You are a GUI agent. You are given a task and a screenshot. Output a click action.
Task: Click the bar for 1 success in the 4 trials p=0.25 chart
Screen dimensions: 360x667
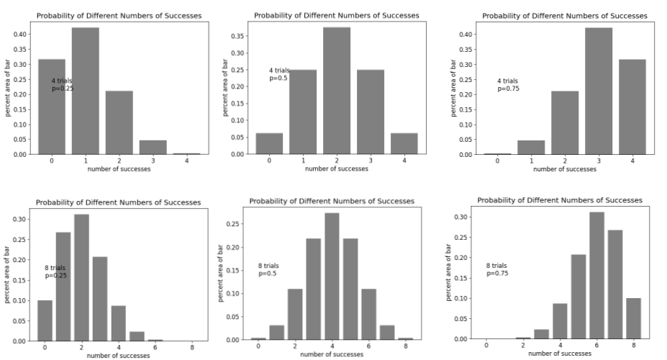86,91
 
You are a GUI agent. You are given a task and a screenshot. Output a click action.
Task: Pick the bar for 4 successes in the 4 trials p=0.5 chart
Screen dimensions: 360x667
404,143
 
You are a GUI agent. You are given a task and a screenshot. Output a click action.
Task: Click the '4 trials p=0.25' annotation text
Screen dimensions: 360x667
62,84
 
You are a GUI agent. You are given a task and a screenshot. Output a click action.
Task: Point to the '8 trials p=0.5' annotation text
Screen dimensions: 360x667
268,269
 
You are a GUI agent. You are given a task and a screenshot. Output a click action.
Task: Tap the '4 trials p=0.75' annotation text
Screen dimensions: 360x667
507,84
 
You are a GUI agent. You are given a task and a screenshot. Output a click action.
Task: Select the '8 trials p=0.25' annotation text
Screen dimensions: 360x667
55,271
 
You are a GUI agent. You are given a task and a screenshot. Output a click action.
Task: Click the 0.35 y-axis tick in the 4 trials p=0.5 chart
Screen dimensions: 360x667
238,35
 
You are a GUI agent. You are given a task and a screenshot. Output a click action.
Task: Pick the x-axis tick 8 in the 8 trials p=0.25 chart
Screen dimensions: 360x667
192,347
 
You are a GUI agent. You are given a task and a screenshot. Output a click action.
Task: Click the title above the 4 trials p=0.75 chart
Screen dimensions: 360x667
564,16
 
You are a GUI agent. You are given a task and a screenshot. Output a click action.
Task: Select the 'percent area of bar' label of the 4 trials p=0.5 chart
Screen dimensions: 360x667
225,88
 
